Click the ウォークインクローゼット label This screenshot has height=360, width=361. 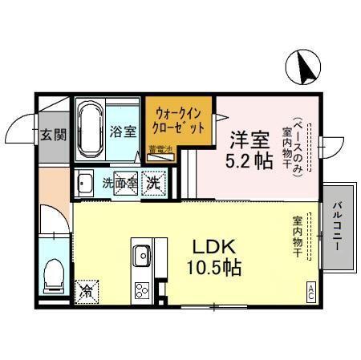[x=179, y=120]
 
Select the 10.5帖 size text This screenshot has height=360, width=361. [x=212, y=267]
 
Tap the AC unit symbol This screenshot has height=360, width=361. [x=310, y=292]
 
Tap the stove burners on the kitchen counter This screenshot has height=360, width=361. [x=143, y=289]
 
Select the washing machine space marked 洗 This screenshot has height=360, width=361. [x=152, y=182]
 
